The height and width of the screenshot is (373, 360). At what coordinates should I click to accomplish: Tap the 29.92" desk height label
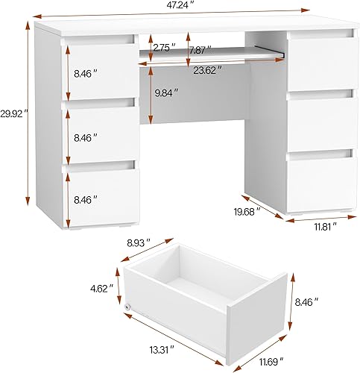pos(13,113)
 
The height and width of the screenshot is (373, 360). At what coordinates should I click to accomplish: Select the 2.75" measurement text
pos(165,48)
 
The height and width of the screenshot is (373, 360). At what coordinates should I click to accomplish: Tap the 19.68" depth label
pos(246,211)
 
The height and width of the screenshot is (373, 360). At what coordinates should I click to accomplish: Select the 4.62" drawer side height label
pos(101,287)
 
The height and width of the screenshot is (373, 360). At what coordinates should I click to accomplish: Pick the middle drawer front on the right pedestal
pos(319,121)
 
